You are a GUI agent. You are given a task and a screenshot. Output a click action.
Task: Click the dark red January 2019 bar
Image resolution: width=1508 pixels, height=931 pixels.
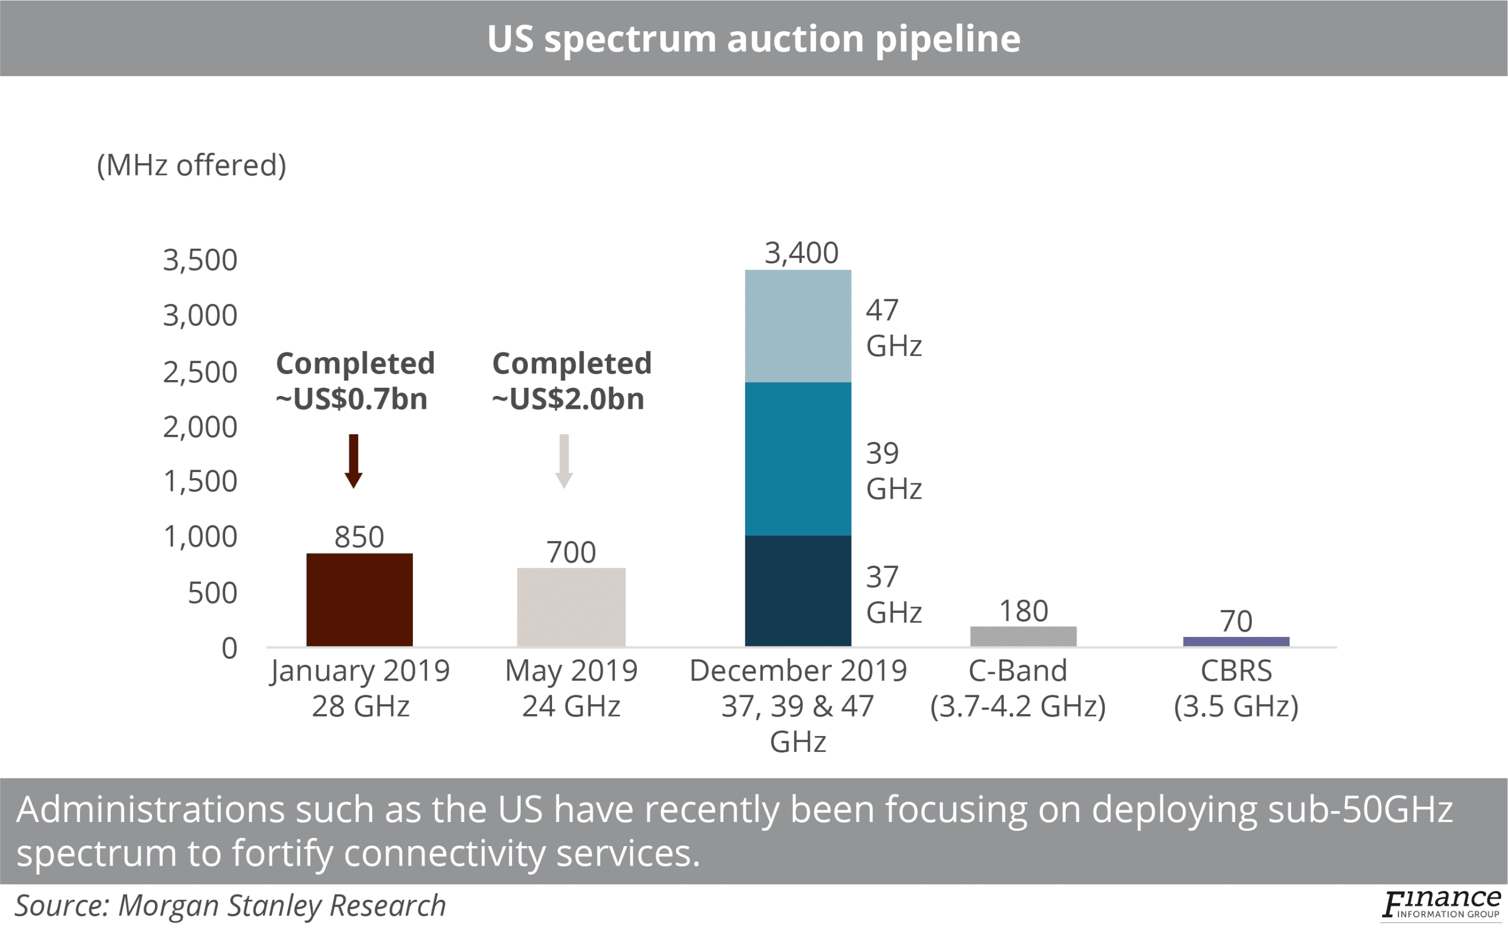click(x=359, y=600)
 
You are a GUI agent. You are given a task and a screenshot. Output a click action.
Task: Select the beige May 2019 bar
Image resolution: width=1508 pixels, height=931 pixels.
click(x=571, y=607)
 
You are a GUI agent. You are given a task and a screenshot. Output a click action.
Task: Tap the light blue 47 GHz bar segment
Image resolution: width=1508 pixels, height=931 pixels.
click(x=798, y=326)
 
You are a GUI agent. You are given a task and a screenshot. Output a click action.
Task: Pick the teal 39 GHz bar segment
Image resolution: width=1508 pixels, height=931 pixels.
click(x=798, y=459)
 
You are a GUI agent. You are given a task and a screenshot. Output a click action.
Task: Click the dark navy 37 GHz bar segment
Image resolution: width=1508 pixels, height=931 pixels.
click(x=798, y=590)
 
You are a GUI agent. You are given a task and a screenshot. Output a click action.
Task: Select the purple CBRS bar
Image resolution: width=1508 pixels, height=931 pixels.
click(x=1236, y=642)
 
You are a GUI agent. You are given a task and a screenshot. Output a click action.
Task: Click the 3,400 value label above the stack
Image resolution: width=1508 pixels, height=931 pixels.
click(x=801, y=253)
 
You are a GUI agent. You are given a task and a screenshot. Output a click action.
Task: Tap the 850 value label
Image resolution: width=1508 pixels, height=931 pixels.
click(x=359, y=537)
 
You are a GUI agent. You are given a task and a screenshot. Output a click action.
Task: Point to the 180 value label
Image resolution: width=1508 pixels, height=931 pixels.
click(x=1023, y=612)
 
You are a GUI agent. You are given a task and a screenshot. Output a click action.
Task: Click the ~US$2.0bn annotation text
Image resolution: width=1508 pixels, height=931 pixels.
click(x=567, y=399)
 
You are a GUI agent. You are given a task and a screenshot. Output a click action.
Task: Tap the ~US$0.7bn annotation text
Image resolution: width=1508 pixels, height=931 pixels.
click(x=352, y=399)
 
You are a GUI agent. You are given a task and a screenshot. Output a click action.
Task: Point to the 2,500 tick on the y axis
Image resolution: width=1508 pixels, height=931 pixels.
click(x=200, y=372)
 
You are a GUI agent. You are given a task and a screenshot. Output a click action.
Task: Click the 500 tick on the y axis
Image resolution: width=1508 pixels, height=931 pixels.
click(x=211, y=593)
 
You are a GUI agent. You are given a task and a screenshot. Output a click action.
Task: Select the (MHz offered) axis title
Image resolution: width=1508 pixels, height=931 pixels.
click(x=191, y=165)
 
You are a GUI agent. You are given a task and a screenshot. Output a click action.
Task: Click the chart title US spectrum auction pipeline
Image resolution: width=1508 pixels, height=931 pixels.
click(x=753, y=38)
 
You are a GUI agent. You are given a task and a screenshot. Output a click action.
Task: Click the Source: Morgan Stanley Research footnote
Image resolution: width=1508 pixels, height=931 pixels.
click(x=230, y=905)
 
